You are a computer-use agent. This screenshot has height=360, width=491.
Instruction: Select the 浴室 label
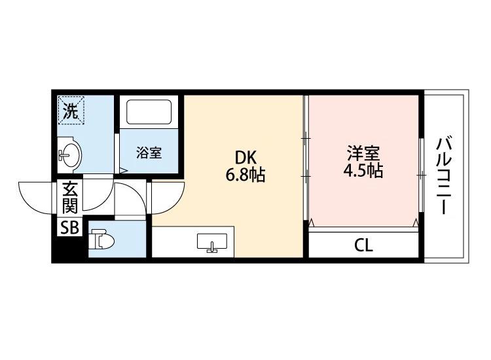pyautogui.click(x=149, y=153)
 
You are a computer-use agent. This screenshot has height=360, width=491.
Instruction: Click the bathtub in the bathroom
pyautogui.click(x=149, y=112)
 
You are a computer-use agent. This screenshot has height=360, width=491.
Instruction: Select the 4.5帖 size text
pyautogui.click(x=363, y=171)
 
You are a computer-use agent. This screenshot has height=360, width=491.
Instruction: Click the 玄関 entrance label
pyautogui.click(x=70, y=198)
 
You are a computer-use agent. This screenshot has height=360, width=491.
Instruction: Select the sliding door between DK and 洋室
pyautogui.click(x=306, y=158)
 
